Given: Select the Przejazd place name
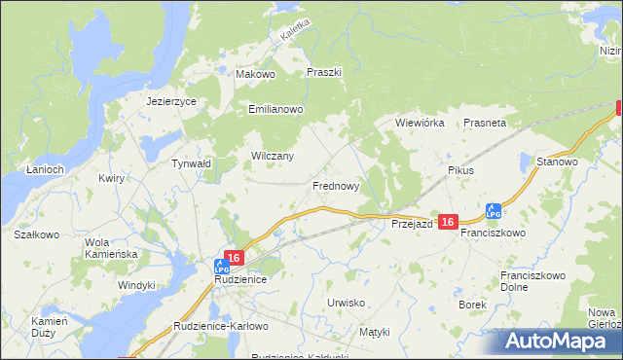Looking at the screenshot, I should pyautogui.click(x=412, y=223).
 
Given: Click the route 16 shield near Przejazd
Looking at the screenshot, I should pyautogui.click(x=448, y=223).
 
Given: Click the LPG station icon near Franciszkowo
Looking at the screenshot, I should pyautogui.click(x=494, y=210).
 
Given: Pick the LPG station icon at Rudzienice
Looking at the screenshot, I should pyautogui.click(x=222, y=264).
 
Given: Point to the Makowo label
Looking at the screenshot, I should pyautogui.click(x=257, y=74).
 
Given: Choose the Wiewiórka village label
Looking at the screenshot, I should pyautogui.click(x=420, y=124).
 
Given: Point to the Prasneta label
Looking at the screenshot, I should pyautogui.click(x=485, y=124).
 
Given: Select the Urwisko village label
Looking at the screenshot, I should pyautogui.click(x=346, y=303).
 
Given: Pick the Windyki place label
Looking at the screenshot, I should pyautogui.click(x=136, y=285).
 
